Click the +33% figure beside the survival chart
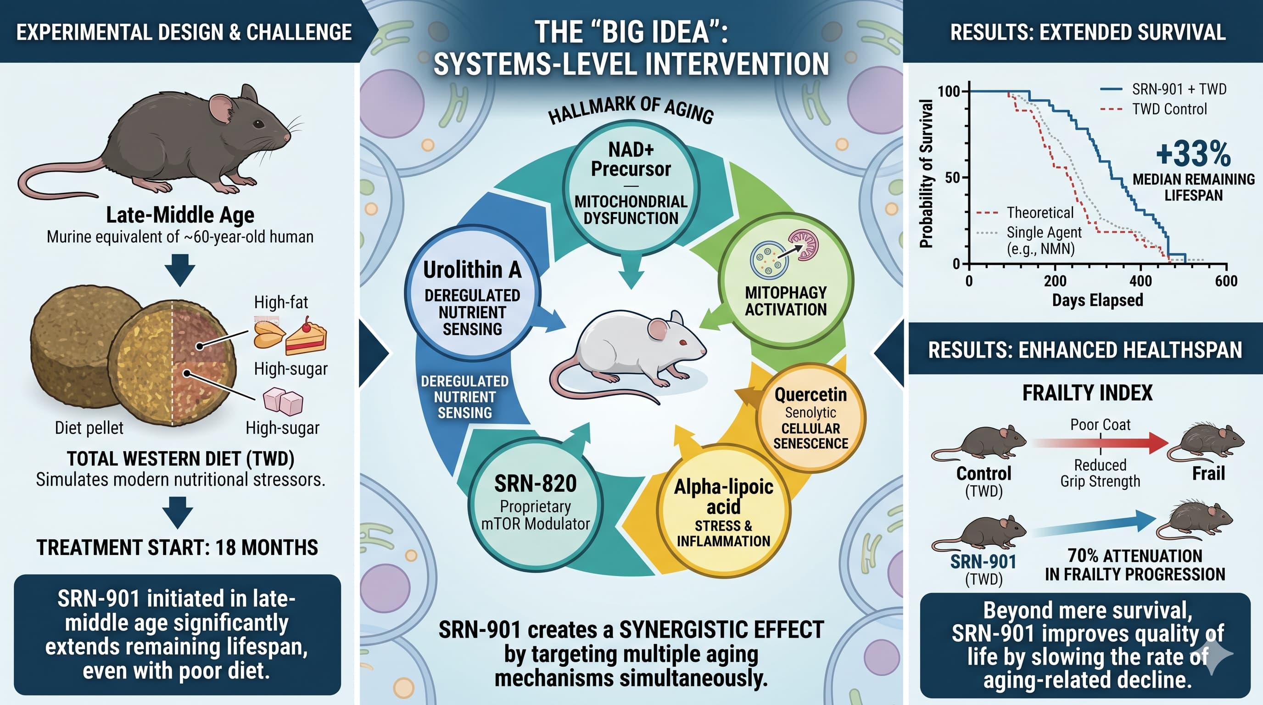(1193, 154)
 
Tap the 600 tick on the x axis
(1226, 281)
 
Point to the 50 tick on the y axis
(952, 178)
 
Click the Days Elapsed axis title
(1097, 300)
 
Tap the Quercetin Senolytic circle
(810, 418)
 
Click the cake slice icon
(307, 337)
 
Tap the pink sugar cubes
(283, 401)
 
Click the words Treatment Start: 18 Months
(177, 548)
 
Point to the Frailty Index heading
(1087, 393)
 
